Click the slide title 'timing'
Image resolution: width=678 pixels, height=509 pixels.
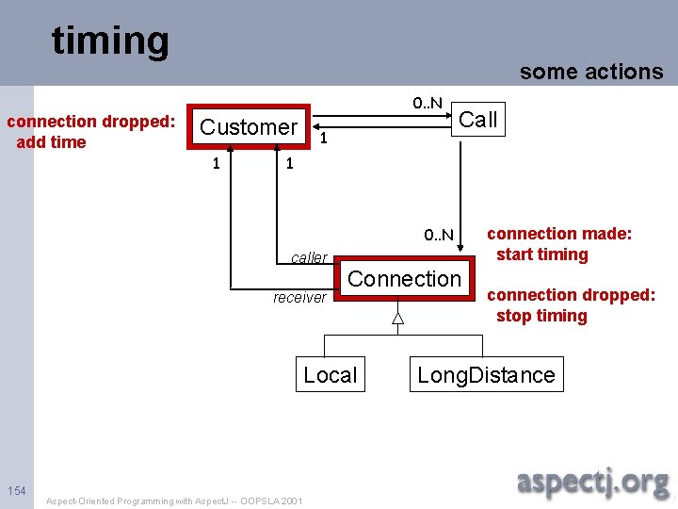tap(110, 41)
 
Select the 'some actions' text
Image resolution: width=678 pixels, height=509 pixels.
tap(591, 72)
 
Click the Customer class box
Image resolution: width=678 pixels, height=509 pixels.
tap(249, 126)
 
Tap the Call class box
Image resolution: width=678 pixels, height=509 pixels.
tap(477, 120)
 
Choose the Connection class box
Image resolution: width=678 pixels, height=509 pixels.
tap(404, 279)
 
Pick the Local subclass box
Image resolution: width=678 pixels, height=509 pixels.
tap(330, 375)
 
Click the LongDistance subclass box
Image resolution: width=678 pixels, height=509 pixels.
tap(486, 375)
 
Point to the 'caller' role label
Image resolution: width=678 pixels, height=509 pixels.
tap(309, 257)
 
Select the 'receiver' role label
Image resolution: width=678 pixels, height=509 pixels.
tap(299, 298)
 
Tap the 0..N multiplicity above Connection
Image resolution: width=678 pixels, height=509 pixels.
tap(438, 235)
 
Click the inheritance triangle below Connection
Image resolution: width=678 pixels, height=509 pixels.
tap(397, 318)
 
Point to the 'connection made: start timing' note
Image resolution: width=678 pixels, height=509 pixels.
tap(558, 243)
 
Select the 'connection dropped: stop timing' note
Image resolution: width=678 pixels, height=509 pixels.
tap(571, 304)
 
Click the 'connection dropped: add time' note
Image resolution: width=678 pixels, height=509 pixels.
tap(90, 132)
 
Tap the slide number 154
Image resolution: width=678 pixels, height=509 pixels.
tap(16, 490)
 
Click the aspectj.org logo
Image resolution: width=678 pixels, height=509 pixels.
tap(593, 483)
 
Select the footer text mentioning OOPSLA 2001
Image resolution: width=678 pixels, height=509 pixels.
tap(174, 501)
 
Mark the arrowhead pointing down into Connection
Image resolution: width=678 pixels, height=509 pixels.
tap(462, 249)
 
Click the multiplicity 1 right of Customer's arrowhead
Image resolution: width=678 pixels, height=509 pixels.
tap(323, 139)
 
